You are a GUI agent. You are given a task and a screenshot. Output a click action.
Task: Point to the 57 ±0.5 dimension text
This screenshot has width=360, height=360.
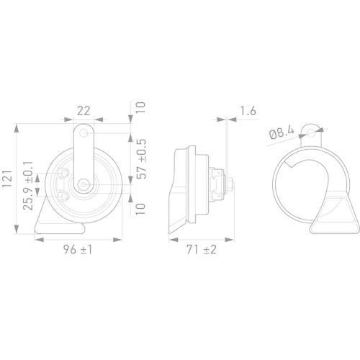tap(141, 159)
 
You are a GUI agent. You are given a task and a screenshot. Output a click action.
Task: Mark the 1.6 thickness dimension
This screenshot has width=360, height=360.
tap(247, 110)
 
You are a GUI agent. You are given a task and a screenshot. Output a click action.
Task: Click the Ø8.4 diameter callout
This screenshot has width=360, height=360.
tap(282, 132)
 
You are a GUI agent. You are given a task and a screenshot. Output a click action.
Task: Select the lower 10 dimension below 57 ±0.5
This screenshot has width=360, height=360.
tap(141, 209)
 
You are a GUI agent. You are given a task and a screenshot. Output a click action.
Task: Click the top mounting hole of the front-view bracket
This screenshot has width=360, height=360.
tap(86, 134)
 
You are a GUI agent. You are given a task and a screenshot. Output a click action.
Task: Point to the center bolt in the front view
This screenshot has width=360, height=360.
tap(85, 185)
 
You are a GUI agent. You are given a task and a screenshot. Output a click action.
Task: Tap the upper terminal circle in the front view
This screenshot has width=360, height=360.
tap(64, 174)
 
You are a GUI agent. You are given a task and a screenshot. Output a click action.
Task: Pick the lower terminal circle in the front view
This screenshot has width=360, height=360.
tap(64, 196)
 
